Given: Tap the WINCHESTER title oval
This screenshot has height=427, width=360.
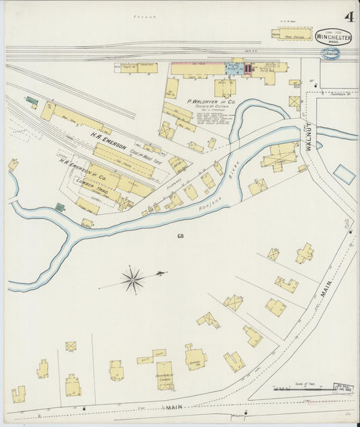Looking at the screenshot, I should (x=333, y=36).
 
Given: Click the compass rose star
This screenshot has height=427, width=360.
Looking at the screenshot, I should (x=132, y=279).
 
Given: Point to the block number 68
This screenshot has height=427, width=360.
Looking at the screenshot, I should (x=180, y=236).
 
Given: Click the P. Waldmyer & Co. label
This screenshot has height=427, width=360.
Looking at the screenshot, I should (x=209, y=101).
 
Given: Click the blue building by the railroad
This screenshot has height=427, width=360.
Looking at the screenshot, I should (x=233, y=69).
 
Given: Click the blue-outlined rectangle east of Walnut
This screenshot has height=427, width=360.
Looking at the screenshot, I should (x=344, y=174).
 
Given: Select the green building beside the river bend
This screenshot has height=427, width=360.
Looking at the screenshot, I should (x=59, y=207).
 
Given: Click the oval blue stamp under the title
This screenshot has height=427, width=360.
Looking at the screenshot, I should (x=330, y=53).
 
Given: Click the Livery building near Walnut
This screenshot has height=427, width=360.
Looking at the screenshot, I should (x=279, y=155).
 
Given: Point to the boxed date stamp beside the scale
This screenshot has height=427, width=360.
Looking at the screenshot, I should (x=344, y=388).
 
